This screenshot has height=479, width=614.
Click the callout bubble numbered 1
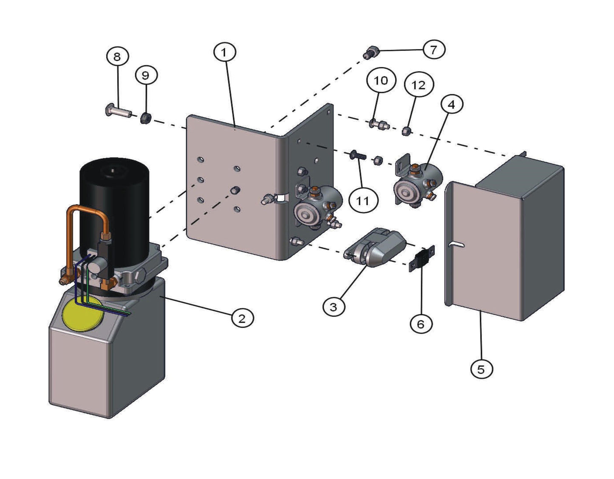click(224, 52)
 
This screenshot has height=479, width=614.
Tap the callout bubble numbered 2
click(242, 318)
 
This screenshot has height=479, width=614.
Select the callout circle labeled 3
click(334, 306)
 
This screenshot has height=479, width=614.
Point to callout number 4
click(451, 104)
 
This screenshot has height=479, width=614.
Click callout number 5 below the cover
click(481, 369)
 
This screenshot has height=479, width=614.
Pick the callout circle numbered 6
click(421, 324)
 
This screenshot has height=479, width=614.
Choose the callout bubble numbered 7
click(433, 50)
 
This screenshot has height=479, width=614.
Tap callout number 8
click(117, 56)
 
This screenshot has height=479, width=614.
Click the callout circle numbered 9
click(146, 75)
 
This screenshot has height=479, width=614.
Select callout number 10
click(381, 80)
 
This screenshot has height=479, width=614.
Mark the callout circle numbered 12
click(418, 85)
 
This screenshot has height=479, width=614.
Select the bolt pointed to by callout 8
click(117, 113)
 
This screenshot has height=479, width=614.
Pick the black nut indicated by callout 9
click(145, 118)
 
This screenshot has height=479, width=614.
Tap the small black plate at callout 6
click(422, 258)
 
